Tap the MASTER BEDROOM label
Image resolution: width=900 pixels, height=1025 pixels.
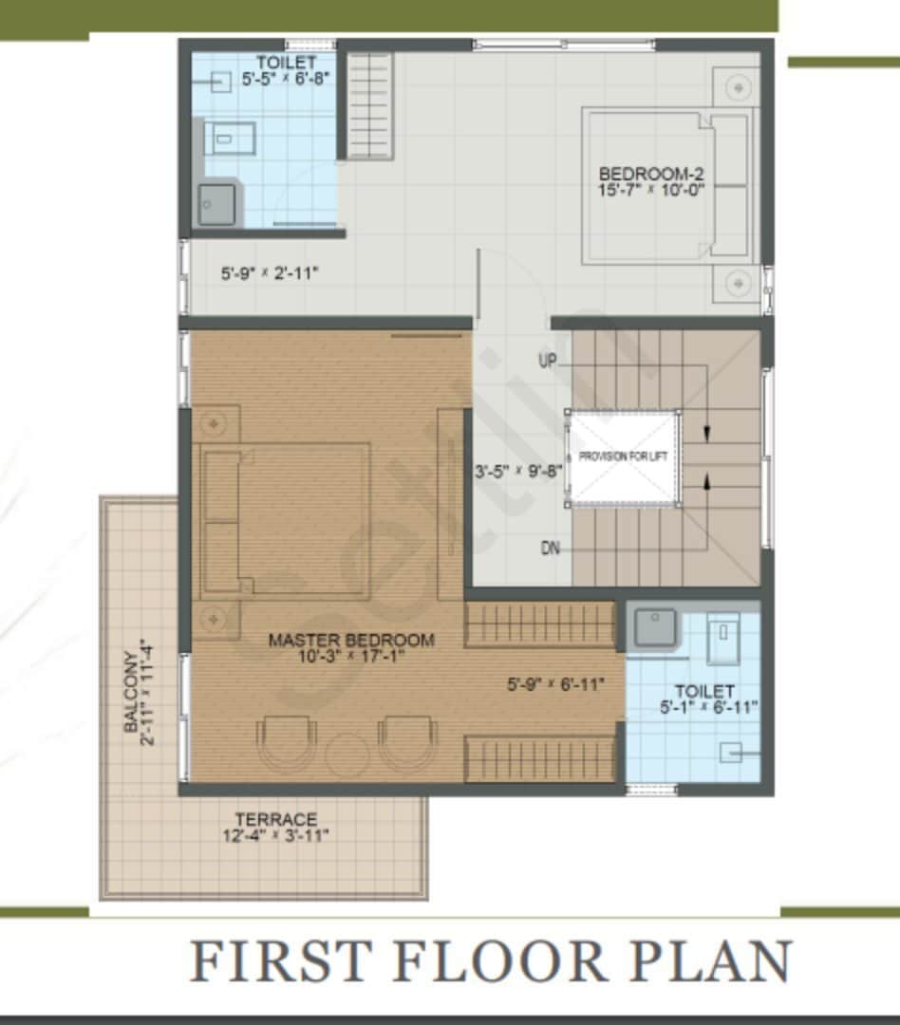click(351, 640)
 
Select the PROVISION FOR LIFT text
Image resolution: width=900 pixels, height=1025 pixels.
click(624, 457)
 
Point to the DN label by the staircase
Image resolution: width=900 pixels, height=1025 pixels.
click(550, 548)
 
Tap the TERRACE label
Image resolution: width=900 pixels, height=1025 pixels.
click(276, 819)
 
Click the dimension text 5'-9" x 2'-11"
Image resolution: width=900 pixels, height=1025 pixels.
click(270, 273)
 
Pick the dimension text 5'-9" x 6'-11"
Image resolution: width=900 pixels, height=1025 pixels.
click(555, 683)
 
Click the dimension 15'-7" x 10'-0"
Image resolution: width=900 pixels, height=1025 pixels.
click(650, 190)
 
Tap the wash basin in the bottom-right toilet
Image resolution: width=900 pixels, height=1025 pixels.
click(655, 627)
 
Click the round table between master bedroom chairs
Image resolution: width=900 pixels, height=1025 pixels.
click(346, 753)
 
